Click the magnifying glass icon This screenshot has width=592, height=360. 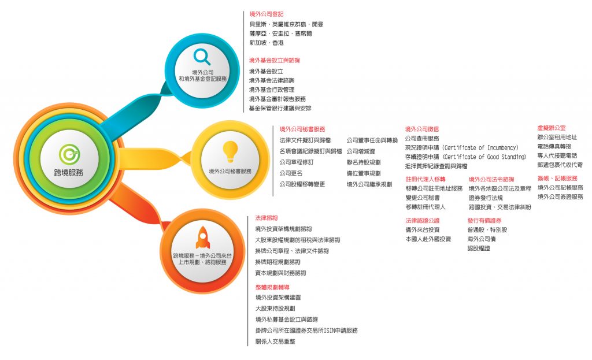pyautogui.click(x=202, y=57)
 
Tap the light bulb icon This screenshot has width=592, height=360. pyautogui.click(x=230, y=151)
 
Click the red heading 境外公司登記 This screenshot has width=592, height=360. pyautogui.click(x=267, y=13)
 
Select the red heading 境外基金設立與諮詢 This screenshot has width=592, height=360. pyautogui.click(x=275, y=60)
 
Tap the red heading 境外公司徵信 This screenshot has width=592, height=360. pyautogui.click(x=422, y=129)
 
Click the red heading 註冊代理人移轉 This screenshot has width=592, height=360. pyautogui.click(x=425, y=179)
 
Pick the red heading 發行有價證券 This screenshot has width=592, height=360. pyautogui.click(x=484, y=221)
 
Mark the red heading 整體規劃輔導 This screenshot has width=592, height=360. pyautogui.click(x=271, y=287)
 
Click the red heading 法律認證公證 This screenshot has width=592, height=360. pyautogui.click(x=423, y=221)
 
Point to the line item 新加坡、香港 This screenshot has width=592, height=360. pyautogui.click(x=267, y=43)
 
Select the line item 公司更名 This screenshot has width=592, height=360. pyautogui.click(x=291, y=173)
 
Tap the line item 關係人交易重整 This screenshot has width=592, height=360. pyautogui.click(x=275, y=342)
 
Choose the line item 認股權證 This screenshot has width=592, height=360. pyautogui.click(x=479, y=248)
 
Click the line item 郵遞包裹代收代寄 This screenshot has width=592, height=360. pyautogui.click(x=560, y=165)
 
